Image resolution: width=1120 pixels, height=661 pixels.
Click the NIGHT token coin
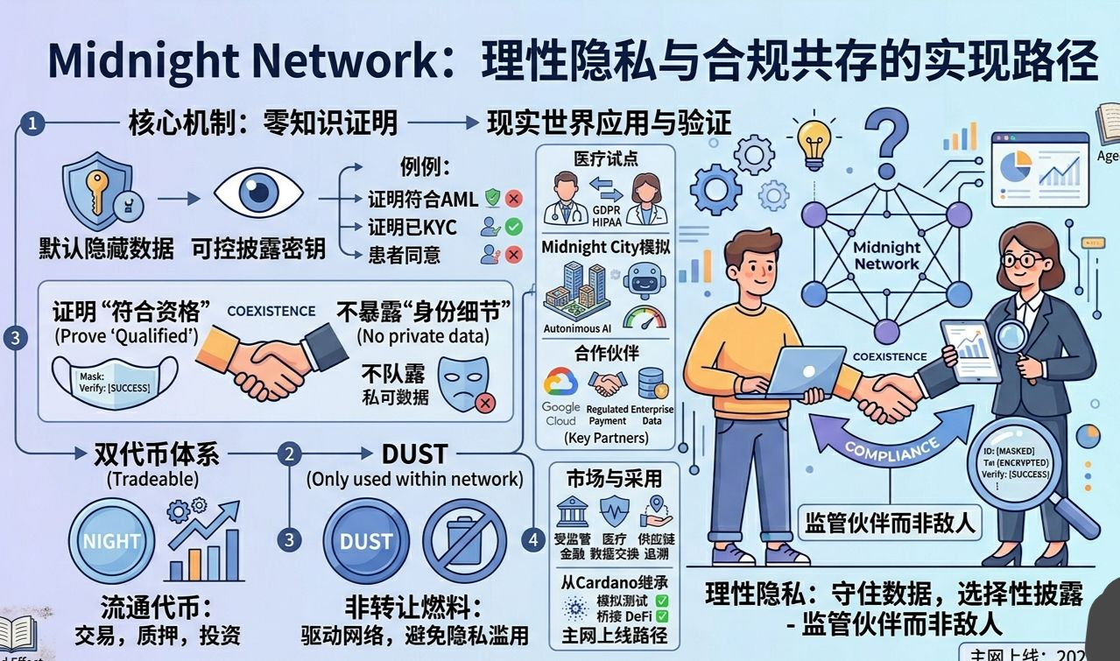111,542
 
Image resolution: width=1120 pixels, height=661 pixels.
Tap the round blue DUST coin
366,542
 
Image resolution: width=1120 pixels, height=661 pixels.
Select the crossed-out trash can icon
465,542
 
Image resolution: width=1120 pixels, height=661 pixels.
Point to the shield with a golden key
98,187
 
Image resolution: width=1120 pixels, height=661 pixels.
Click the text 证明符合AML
423,199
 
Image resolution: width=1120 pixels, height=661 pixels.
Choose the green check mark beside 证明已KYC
513,227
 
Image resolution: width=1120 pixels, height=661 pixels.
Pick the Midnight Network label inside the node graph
886,256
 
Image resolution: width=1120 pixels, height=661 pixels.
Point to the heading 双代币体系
157,454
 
